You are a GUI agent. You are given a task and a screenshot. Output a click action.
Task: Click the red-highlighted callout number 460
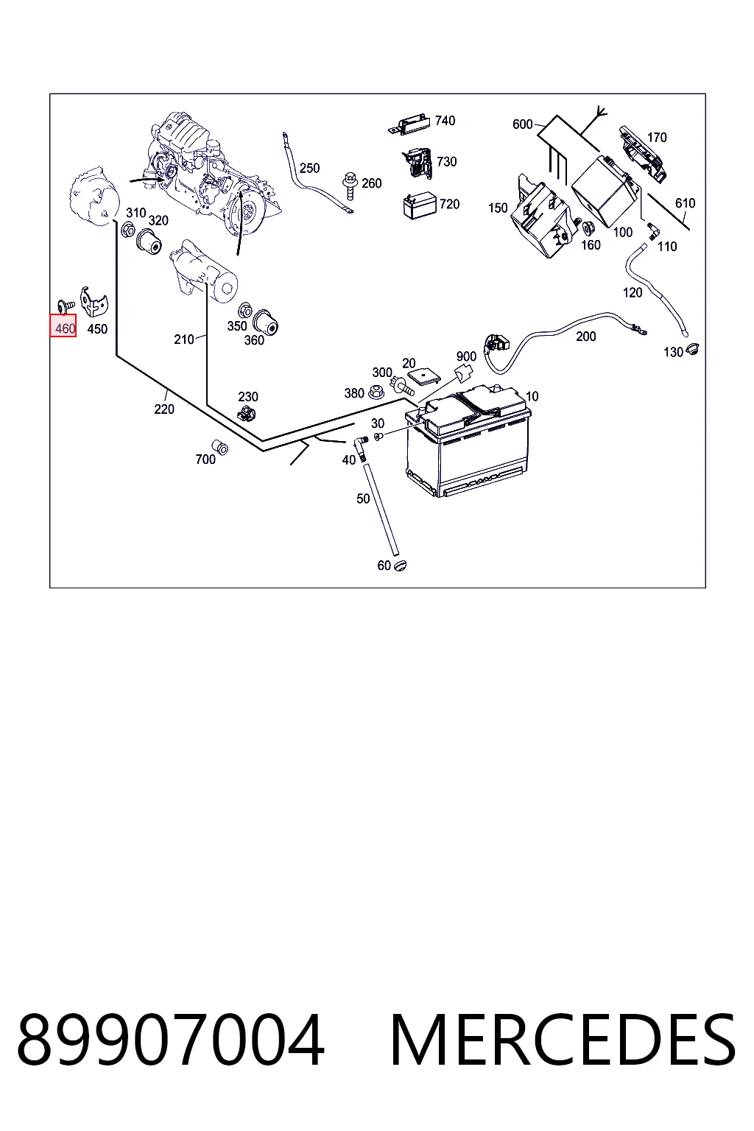(x=65, y=329)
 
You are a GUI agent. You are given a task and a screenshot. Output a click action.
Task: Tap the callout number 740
(x=445, y=121)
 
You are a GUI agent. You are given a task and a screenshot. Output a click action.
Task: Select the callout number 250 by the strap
(x=309, y=168)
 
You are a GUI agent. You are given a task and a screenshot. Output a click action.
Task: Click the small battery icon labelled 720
(x=419, y=205)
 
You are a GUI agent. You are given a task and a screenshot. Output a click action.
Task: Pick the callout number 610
(x=686, y=203)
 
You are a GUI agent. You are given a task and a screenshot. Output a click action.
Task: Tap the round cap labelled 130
(x=692, y=350)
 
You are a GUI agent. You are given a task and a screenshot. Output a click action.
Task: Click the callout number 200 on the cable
(x=586, y=337)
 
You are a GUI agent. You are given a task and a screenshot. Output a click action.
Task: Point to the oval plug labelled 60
(x=400, y=565)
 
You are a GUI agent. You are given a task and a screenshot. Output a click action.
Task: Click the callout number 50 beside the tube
(x=363, y=498)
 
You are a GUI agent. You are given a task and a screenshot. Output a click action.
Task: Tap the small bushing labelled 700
(x=220, y=446)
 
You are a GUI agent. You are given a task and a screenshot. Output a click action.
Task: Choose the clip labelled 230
(x=247, y=414)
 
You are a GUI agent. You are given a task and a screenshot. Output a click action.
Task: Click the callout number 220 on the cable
(x=164, y=409)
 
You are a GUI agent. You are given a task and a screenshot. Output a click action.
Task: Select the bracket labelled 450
(x=94, y=301)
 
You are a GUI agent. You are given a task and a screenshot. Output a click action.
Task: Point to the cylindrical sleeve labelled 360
(x=266, y=322)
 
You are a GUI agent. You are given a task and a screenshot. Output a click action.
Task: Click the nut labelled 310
(x=128, y=230)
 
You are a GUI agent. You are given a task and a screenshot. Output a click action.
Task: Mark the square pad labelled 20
(x=423, y=375)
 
